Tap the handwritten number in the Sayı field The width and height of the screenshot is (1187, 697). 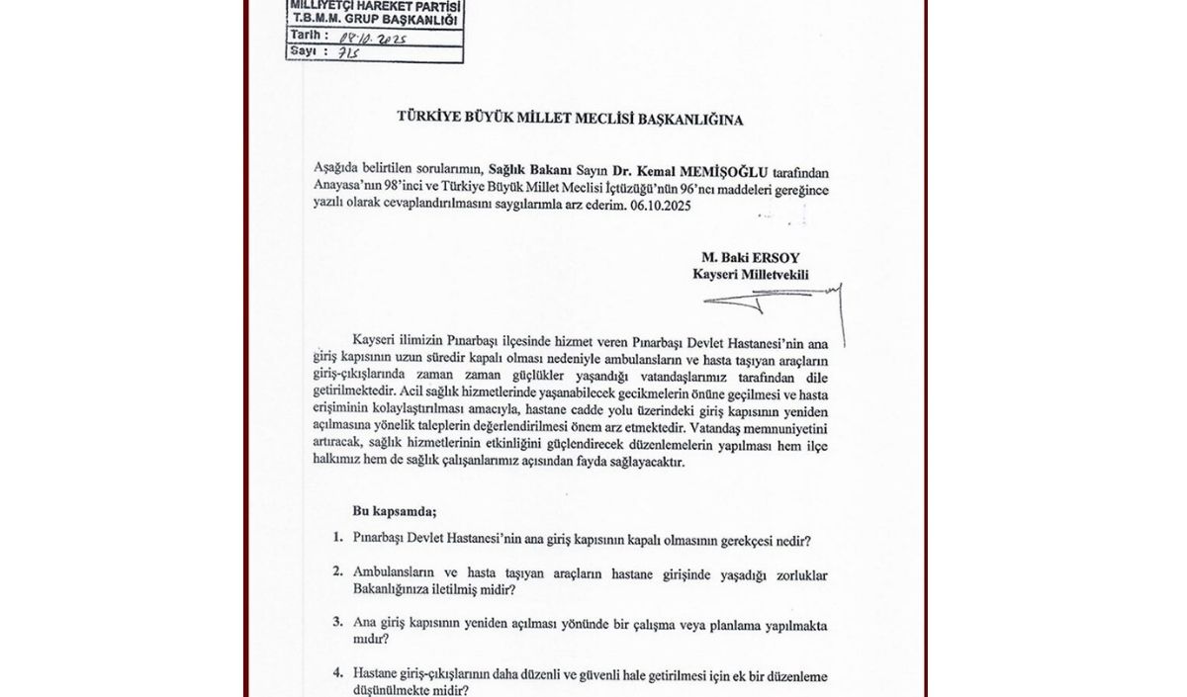pos(347,51)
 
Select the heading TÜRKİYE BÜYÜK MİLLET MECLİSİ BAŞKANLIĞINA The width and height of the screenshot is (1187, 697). pos(570,119)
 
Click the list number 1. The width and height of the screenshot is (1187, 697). pos(338,540)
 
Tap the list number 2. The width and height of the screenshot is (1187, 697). pos(338,572)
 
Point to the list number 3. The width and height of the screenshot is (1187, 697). pos(338,624)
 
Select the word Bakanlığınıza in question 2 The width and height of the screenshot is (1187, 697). pos(395,590)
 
